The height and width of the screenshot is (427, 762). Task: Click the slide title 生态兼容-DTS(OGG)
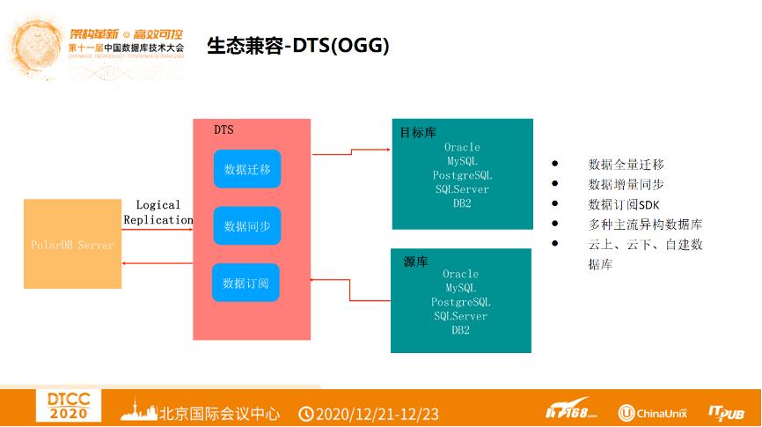click(x=297, y=45)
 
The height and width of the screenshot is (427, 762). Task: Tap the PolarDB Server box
click(x=72, y=244)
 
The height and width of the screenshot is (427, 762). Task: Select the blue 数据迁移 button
click(x=247, y=169)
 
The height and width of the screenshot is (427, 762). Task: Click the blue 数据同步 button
click(x=247, y=226)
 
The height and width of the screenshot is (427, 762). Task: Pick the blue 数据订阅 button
click(x=245, y=283)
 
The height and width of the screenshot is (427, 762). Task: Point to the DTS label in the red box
click(x=223, y=129)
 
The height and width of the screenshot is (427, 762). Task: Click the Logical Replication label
click(x=158, y=212)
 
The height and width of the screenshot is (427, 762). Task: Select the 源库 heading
click(x=415, y=261)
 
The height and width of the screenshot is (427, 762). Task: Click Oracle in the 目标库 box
click(x=462, y=147)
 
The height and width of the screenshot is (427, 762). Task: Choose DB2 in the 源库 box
click(x=460, y=330)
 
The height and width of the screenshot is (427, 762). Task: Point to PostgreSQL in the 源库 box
click(x=460, y=302)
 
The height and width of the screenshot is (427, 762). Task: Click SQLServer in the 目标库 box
click(x=462, y=189)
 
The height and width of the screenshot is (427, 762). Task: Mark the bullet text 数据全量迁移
click(x=626, y=165)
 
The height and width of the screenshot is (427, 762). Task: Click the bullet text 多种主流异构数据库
click(x=645, y=225)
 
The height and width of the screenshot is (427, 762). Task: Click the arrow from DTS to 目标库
click(x=352, y=151)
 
